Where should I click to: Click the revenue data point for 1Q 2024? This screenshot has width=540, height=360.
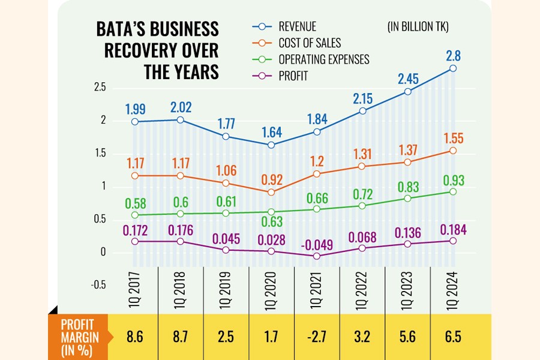(x=453, y=68)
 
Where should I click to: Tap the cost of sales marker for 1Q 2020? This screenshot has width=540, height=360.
(x=271, y=192)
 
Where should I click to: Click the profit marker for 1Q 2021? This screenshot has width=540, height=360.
(x=317, y=256)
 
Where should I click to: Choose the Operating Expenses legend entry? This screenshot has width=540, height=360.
(x=323, y=59)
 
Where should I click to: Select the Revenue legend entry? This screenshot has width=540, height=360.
(x=297, y=26)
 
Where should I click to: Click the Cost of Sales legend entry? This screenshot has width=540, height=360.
(x=310, y=43)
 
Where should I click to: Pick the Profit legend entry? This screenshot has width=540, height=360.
(x=294, y=76)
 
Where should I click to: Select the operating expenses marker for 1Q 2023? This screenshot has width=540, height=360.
(x=408, y=198)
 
